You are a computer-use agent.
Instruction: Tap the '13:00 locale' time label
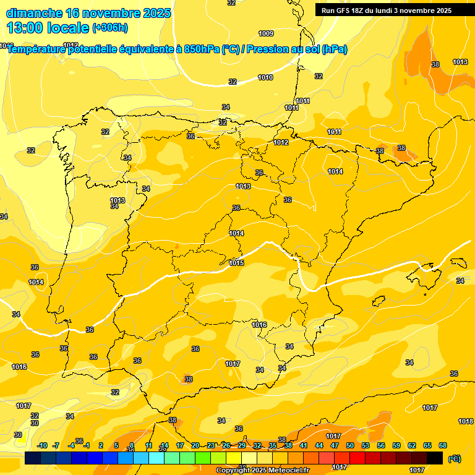(x=48, y=27)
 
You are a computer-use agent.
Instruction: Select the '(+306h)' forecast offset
(x=110, y=28)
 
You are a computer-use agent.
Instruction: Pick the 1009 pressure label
(x=266, y=33)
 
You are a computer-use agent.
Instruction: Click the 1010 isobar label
(x=265, y=77)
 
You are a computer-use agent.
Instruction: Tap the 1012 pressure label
(x=281, y=142)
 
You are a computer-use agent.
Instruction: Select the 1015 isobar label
(x=236, y=263)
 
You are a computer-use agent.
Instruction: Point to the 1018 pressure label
(x=466, y=421)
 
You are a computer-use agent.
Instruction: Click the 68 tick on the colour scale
(x=443, y=445)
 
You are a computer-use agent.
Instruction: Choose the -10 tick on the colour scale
(x=42, y=445)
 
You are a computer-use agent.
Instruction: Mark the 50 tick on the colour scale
(x=350, y=445)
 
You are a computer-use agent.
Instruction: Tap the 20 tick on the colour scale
(x=195, y=445)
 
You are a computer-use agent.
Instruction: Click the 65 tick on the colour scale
(x=427, y=445)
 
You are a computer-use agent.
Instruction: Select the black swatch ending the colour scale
(x=435, y=458)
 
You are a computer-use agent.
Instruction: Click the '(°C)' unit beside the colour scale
(x=455, y=458)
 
